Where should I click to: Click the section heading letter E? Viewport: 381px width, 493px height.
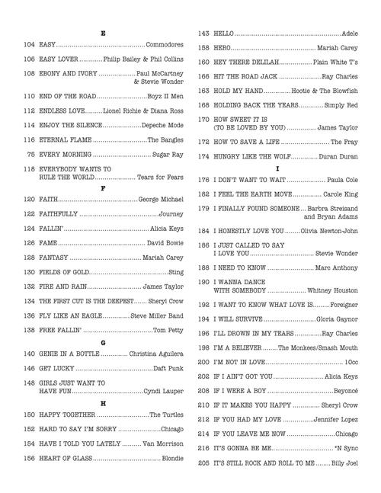click(x=103, y=34)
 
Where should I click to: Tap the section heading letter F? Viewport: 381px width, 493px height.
click(x=103, y=187)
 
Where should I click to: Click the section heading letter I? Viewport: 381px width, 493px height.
click(x=278, y=168)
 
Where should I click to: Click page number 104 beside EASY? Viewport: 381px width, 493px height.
click(x=30, y=46)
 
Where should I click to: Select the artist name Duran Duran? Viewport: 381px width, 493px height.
click(x=338, y=156)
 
